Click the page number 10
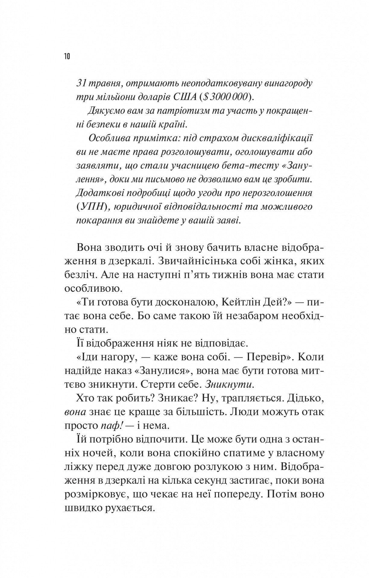click(x=67, y=56)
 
